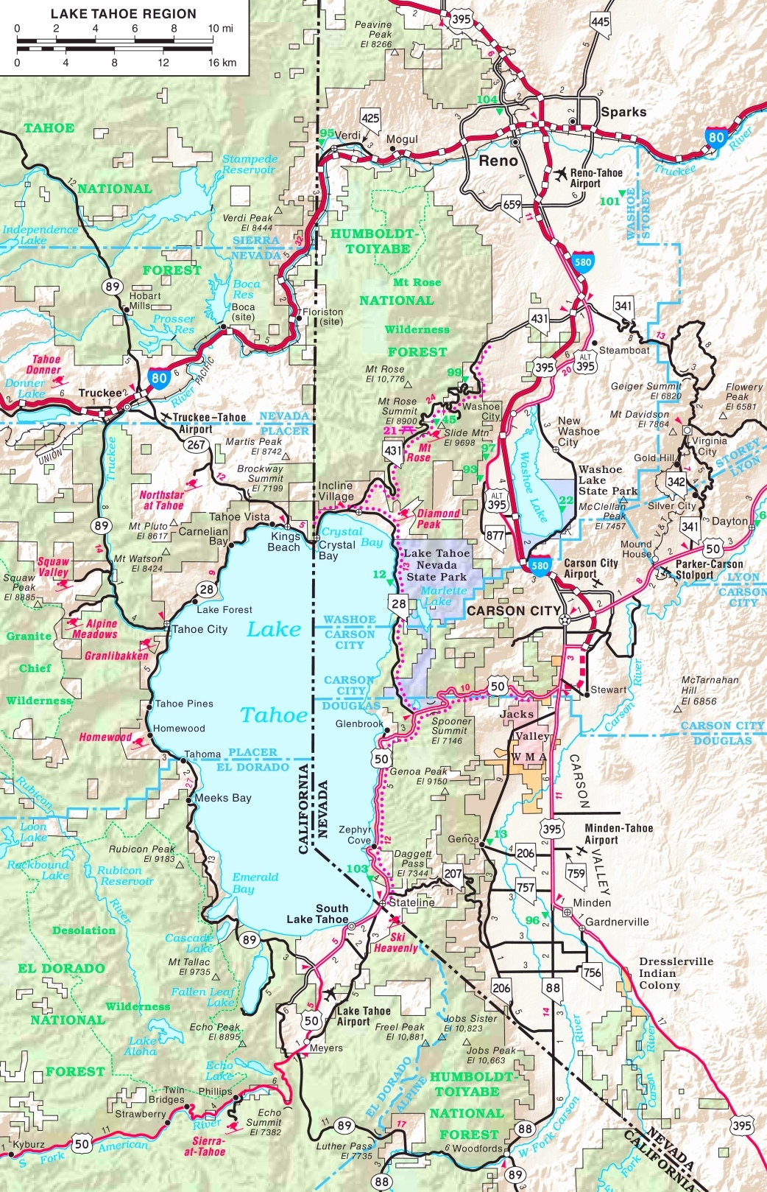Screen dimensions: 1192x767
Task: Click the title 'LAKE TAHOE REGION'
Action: (124, 14)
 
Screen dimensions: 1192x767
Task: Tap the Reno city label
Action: (498, 161)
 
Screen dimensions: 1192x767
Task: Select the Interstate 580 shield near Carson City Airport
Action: (540, 566)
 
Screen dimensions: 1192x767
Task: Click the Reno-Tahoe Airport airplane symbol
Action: (561, 175)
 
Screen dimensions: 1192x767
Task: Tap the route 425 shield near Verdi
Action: (370, 118)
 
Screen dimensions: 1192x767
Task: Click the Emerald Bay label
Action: (255, 883)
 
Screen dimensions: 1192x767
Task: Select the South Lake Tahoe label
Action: (317, 914)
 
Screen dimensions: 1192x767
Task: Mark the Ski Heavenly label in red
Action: (396, 942)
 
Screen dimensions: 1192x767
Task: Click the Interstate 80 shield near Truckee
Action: (159, 379)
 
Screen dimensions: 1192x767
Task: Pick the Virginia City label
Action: (708, 446)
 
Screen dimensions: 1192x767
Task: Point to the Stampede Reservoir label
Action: (250, 164)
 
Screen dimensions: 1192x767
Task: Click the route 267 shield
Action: (196, 444)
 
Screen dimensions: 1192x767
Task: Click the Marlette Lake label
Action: (443, 595)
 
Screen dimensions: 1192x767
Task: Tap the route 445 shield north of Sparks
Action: (601, 21)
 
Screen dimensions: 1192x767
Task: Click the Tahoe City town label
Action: (199, 629)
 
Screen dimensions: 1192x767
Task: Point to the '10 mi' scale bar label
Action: (220, 29)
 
